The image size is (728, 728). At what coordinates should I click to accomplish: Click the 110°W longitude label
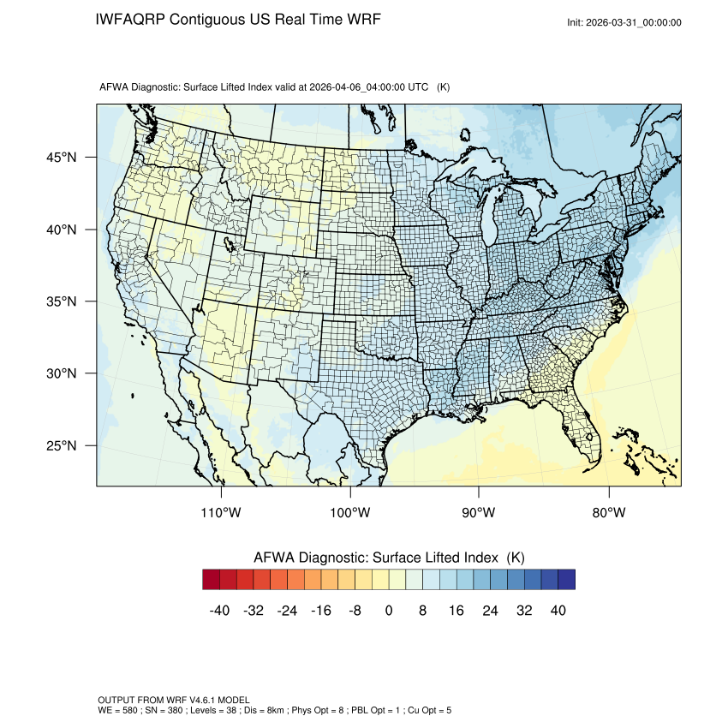click(x=222, y=513)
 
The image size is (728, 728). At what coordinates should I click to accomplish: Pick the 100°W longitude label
click(x=350, y=513)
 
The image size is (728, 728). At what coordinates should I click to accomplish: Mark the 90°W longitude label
click(x=479, y=513)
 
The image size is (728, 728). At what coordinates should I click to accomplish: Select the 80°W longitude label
click(x=608, y=513)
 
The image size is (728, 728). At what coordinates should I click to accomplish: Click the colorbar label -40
click(x=219, y=611)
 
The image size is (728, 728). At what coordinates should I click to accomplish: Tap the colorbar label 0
click(x=389, y=611)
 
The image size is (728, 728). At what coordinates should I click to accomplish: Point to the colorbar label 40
click(x=558, y=611)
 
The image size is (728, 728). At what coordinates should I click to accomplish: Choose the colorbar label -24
click(x=287, y=611)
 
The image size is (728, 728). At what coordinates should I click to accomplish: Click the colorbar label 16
click(x=456, y=611)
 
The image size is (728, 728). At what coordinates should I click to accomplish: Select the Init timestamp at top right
click(x=624, y=22)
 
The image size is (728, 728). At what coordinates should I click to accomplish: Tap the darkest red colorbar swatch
click(x=212, y=580)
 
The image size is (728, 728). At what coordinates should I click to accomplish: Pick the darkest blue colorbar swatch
click(x=566, y=580)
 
